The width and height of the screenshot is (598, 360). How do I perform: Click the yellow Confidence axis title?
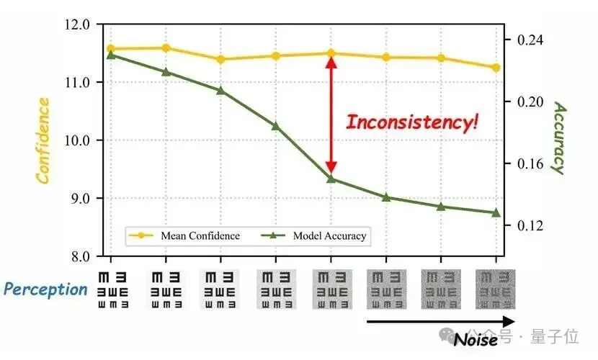coord(43,140)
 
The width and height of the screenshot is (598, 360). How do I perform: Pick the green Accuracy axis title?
coord(558,137)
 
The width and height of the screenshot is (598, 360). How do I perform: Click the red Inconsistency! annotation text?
coord(412,122)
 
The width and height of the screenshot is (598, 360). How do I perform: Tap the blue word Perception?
coord(45,289)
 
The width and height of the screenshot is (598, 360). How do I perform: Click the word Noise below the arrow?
coord(476,339)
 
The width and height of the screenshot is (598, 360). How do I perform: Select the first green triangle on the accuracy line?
coord(111,55)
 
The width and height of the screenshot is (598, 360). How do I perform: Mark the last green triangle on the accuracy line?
coord(496,212)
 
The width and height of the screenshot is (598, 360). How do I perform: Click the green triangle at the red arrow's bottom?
coord(331,178)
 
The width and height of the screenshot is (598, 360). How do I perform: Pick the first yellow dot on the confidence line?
coord(111,49)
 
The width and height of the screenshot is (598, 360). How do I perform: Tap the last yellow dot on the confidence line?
coord(496,68)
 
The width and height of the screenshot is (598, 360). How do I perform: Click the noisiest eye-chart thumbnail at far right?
coord(496,289)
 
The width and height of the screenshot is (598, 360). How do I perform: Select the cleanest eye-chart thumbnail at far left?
coord(111,289)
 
